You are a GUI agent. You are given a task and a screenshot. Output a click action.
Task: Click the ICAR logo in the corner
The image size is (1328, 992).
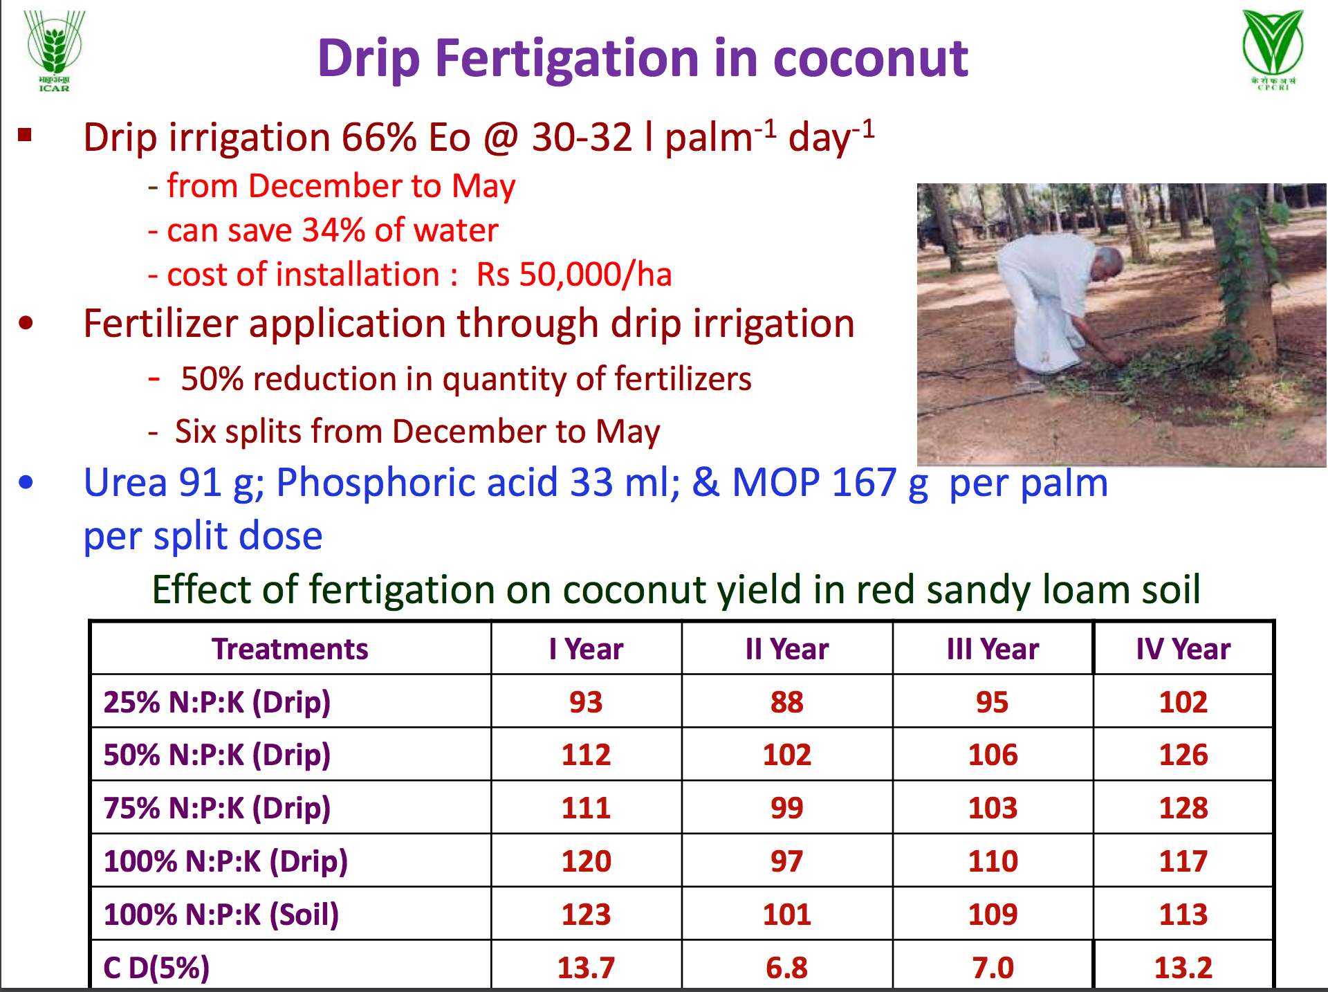tap(54, 50)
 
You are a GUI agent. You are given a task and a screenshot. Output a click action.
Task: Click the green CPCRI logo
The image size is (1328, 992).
tap(1273, 48)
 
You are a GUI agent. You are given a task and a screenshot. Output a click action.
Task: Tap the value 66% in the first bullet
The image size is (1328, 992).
tap(378, 137)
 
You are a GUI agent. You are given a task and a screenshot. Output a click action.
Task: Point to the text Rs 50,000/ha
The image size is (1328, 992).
tap(574, 275)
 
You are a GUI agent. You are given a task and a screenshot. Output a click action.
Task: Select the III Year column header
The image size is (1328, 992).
tap(993, 649)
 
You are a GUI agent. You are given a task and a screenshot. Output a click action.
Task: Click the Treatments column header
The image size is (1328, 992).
tap(290, 649)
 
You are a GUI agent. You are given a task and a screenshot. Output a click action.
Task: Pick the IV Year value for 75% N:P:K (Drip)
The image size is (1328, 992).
tap(1183, 808)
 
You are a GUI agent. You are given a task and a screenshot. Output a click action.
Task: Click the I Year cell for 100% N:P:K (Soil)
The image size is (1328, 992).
tap(586, 915)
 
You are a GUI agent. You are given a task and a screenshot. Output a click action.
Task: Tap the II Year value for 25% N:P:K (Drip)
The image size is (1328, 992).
tap(786, 702)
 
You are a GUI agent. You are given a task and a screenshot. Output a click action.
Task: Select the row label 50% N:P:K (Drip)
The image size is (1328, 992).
tap(217, 755)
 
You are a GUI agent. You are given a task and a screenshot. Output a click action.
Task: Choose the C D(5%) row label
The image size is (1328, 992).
tap(156, 967)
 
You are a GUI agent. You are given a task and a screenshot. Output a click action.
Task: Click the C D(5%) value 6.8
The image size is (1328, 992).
tap(786, 967)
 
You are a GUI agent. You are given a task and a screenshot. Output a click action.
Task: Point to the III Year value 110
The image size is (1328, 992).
tap(993, 861)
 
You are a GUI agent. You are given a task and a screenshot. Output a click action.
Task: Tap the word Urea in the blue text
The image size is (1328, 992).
tap(125, 482)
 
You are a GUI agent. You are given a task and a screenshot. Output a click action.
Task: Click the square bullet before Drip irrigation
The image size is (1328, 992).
tap(26, 135)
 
